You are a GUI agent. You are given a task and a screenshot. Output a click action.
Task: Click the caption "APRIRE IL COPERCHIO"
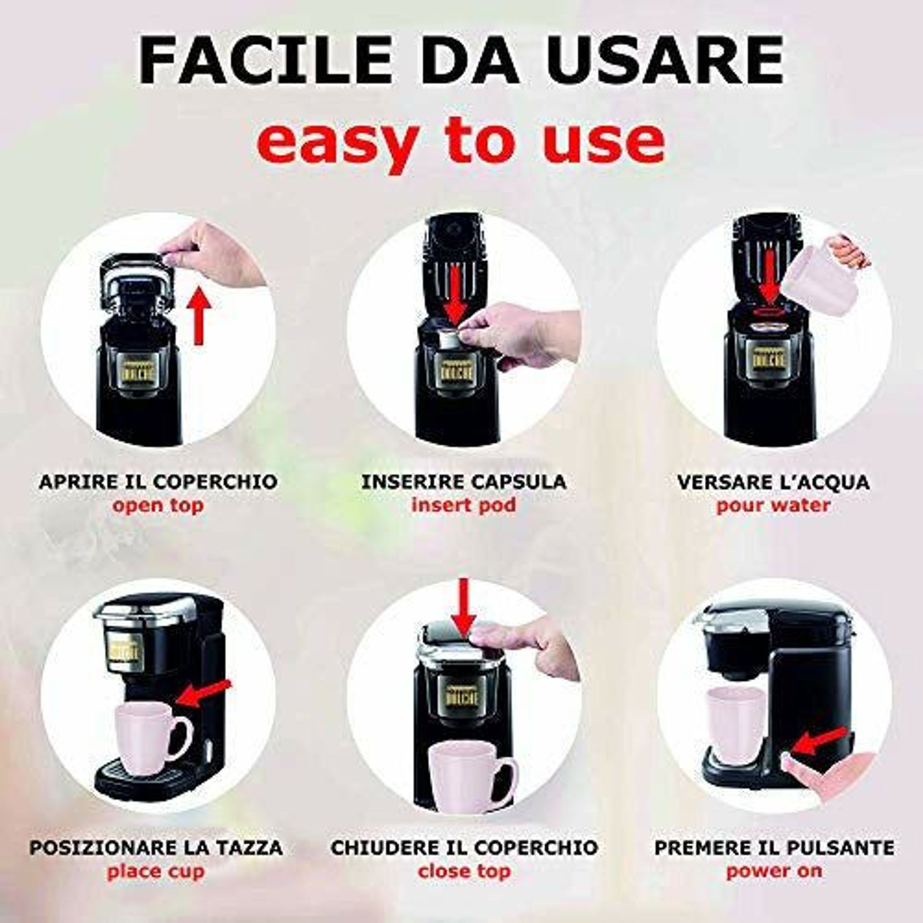(158, 481)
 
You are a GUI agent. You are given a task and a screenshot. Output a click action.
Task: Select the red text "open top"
(158, 505)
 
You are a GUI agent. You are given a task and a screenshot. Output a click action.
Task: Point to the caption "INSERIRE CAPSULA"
(463, 481)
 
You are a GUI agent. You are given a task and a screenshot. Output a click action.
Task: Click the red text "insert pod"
(463, 505)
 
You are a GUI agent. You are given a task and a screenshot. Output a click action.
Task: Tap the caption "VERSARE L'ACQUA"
(773, 481)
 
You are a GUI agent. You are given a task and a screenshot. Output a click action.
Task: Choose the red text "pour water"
(773, 505)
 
